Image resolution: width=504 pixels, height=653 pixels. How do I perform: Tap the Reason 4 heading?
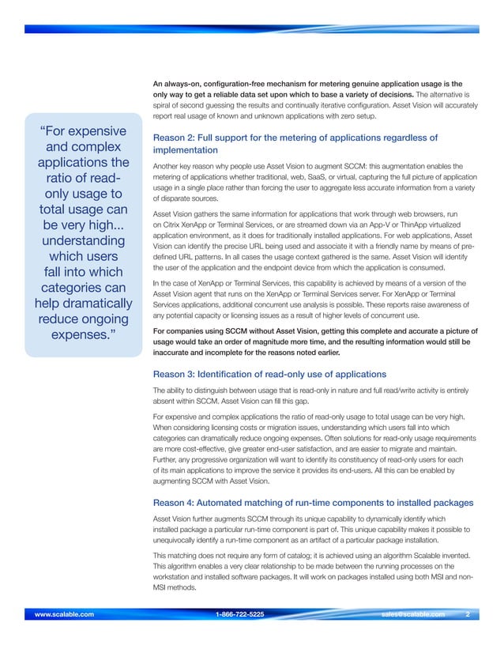point(313,503)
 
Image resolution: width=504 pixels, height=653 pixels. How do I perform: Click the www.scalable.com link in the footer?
point(60,613)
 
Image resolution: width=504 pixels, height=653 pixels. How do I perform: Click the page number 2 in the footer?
point(468,613)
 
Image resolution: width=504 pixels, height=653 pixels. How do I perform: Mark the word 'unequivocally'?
point(181,540)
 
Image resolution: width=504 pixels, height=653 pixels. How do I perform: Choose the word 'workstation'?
point(175,579)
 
